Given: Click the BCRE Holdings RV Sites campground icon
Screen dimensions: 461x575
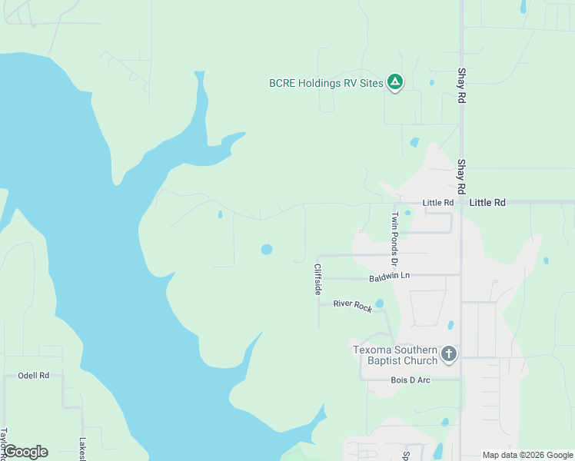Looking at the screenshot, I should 394,82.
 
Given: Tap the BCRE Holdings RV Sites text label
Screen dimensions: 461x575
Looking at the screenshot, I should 326,83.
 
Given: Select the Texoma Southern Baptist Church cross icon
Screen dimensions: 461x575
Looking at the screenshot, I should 449,355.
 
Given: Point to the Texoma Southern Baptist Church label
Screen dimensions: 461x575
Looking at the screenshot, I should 395,355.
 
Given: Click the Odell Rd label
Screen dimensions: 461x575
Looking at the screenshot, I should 33,376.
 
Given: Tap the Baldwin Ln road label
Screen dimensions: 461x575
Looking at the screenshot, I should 389,276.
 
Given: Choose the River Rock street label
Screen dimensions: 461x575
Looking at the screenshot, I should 352,306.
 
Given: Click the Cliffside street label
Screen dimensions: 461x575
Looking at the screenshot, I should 317,280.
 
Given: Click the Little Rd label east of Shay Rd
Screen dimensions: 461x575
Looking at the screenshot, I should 487,203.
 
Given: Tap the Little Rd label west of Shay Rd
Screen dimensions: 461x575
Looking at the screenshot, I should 438,203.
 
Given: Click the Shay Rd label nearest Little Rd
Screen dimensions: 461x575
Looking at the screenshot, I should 462,177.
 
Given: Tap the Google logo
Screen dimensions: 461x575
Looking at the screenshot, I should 25,452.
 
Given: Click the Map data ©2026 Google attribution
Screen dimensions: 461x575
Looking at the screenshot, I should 527,455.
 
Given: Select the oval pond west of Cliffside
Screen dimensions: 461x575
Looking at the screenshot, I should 267,249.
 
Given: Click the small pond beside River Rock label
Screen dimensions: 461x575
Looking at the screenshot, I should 380,303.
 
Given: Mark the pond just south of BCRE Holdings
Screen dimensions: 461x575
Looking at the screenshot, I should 415,142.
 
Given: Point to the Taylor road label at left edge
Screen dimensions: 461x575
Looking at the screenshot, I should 4,443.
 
